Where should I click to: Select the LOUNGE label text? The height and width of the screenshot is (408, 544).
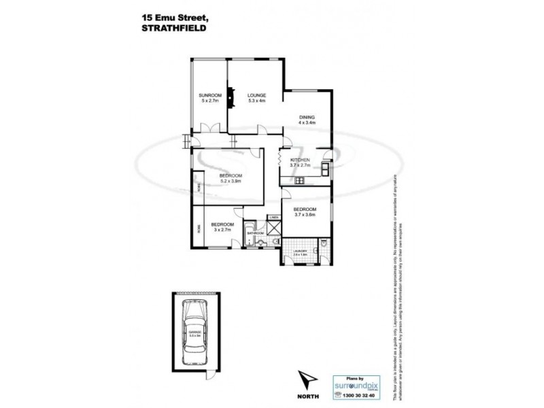[x=256, y=95]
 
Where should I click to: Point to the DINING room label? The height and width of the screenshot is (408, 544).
[x=307, y=117]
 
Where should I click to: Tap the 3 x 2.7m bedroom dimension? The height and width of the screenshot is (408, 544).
[x=222, y=230]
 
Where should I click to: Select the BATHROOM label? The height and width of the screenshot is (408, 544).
[x=255, y=233]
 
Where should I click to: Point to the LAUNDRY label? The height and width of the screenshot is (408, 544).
[x=300, y=252]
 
